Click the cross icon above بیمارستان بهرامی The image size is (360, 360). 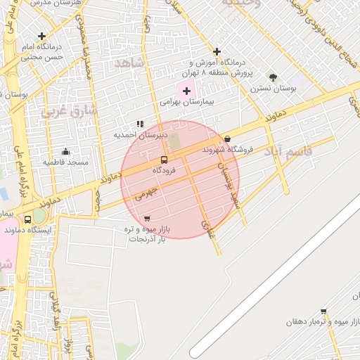tap(186, 91)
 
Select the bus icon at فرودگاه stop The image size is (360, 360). tap(164, 160)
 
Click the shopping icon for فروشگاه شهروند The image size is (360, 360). tap(226, 139)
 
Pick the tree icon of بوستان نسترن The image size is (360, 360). tap(273, 77)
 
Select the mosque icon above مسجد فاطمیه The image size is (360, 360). tap(66, 151)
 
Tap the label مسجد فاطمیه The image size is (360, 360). tap(66, 162)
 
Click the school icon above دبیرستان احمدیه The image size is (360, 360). tap(140, 124)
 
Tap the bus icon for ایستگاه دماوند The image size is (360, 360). tap(28, 219)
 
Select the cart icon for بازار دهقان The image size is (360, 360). tap(323, 311)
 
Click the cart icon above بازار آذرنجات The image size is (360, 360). tap(146, 219)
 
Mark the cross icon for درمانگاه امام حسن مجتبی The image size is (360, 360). tap(42, 35)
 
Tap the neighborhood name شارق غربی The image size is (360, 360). tap(68, 110)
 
